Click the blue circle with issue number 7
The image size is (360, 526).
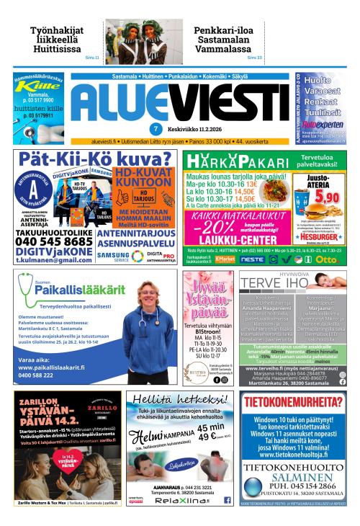tap(175, 129)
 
